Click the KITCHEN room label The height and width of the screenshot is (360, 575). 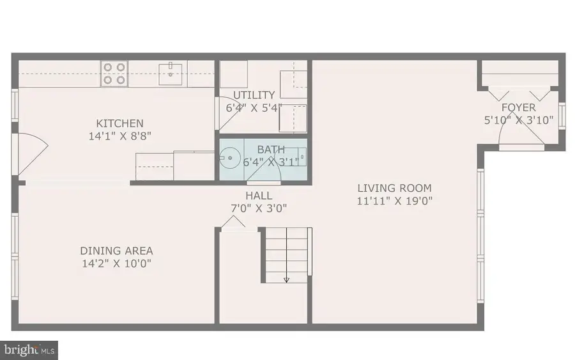[119, 123]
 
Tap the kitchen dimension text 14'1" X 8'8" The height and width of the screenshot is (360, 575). [119, 136]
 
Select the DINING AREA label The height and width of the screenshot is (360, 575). [116, 251]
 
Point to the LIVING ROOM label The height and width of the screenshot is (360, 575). [394, 188]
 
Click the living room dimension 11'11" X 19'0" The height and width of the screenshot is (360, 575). [394, 200]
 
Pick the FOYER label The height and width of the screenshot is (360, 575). [518, 107]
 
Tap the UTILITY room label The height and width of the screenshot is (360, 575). [254, 95]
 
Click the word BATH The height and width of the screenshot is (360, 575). [270, 150]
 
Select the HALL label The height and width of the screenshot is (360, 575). [259, 196]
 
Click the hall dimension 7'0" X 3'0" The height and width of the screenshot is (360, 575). [259, 208]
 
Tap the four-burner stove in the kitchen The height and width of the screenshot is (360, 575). [114, 73]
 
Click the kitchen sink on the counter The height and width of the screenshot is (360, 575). [171, 73]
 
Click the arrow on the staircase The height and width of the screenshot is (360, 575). [286, 278]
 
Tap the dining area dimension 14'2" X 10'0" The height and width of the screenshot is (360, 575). [116, 263]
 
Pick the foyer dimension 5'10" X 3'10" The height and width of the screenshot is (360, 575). [518, 120]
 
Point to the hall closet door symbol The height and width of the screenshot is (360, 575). [233, 222]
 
